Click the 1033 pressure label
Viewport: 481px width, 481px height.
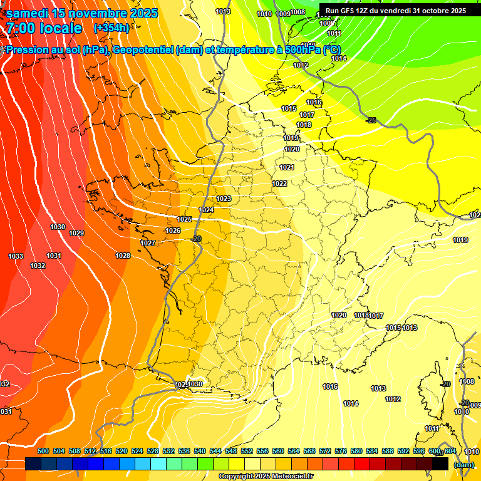pyautogui.click(x=16, y=256)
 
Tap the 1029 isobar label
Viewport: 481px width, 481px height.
pyautogui.click(x=76, y=233)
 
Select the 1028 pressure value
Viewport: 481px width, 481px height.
pyautogui.click(x=123, y=256)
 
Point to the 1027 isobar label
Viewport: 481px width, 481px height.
pyautogui.click(x=148, y=243)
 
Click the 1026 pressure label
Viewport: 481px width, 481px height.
pyautogui.click(x=173, y=230)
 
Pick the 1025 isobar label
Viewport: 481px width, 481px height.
pyautogui.click(x=184, y=219)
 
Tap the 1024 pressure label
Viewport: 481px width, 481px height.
pyautogui.click(x=206, y=210)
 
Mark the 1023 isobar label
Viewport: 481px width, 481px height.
pyautogui.click(x=224, y=199)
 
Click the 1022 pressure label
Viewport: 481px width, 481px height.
pyautogui.click(x=279, y=184)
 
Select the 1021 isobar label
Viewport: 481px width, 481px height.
pyautogui.click(x=287, y=167)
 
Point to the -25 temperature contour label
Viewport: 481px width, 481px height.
pyautogui.click(x=371, y=120)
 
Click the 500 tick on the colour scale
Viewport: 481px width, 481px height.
pyautogui.click(x=43, y=451)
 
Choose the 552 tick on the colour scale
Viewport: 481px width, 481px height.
pyautogui.click(x=247, y=451)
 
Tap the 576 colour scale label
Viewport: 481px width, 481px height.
pyautogui.click(x=341, y=451)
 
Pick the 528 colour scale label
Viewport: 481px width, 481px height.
pyautogui.click(x=153, y=451)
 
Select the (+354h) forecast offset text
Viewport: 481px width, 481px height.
pyautogui.click(x=111, y=28)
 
